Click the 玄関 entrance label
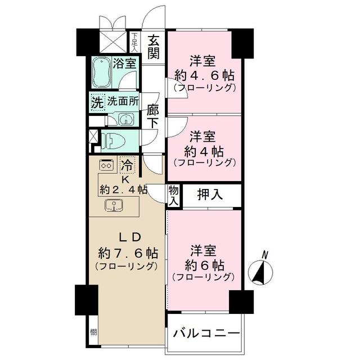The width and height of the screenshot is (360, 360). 154,47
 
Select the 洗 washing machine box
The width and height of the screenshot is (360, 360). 97,103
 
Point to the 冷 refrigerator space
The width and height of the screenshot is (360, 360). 128,165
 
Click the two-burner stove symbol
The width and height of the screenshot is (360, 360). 105,165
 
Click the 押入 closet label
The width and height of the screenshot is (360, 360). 210,195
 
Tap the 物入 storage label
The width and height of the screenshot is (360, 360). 173,196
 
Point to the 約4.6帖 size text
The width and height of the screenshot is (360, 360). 204,75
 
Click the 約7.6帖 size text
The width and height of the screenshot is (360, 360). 127,253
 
